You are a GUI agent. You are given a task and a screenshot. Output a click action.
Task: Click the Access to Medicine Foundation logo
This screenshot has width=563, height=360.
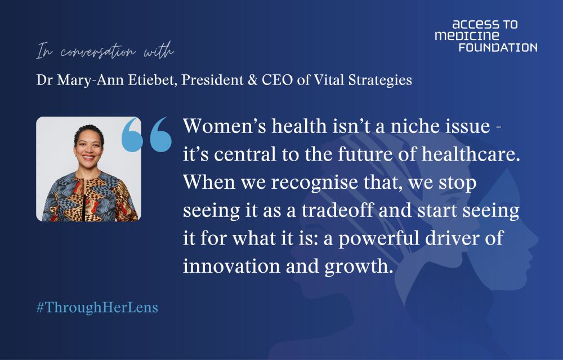pos(486,36)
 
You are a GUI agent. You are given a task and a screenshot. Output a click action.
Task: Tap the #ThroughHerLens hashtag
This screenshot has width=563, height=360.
pos(97,308)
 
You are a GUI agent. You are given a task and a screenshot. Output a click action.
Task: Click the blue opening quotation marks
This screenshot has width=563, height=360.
pos(146,135)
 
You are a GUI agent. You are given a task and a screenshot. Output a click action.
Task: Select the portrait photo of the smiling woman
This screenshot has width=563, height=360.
pos(89,169)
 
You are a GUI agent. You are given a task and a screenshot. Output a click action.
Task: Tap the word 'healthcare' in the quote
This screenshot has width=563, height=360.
pos(468,154)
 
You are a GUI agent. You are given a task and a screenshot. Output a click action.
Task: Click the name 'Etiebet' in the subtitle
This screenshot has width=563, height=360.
pos(150,80)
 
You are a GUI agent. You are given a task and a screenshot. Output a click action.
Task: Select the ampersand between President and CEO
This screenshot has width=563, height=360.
pos(253,80)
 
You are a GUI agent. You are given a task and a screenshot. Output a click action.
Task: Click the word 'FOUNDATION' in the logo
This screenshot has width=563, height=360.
pos(498,47)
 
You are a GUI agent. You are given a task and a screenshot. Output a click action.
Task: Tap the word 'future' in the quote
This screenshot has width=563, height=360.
pos(361,154)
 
